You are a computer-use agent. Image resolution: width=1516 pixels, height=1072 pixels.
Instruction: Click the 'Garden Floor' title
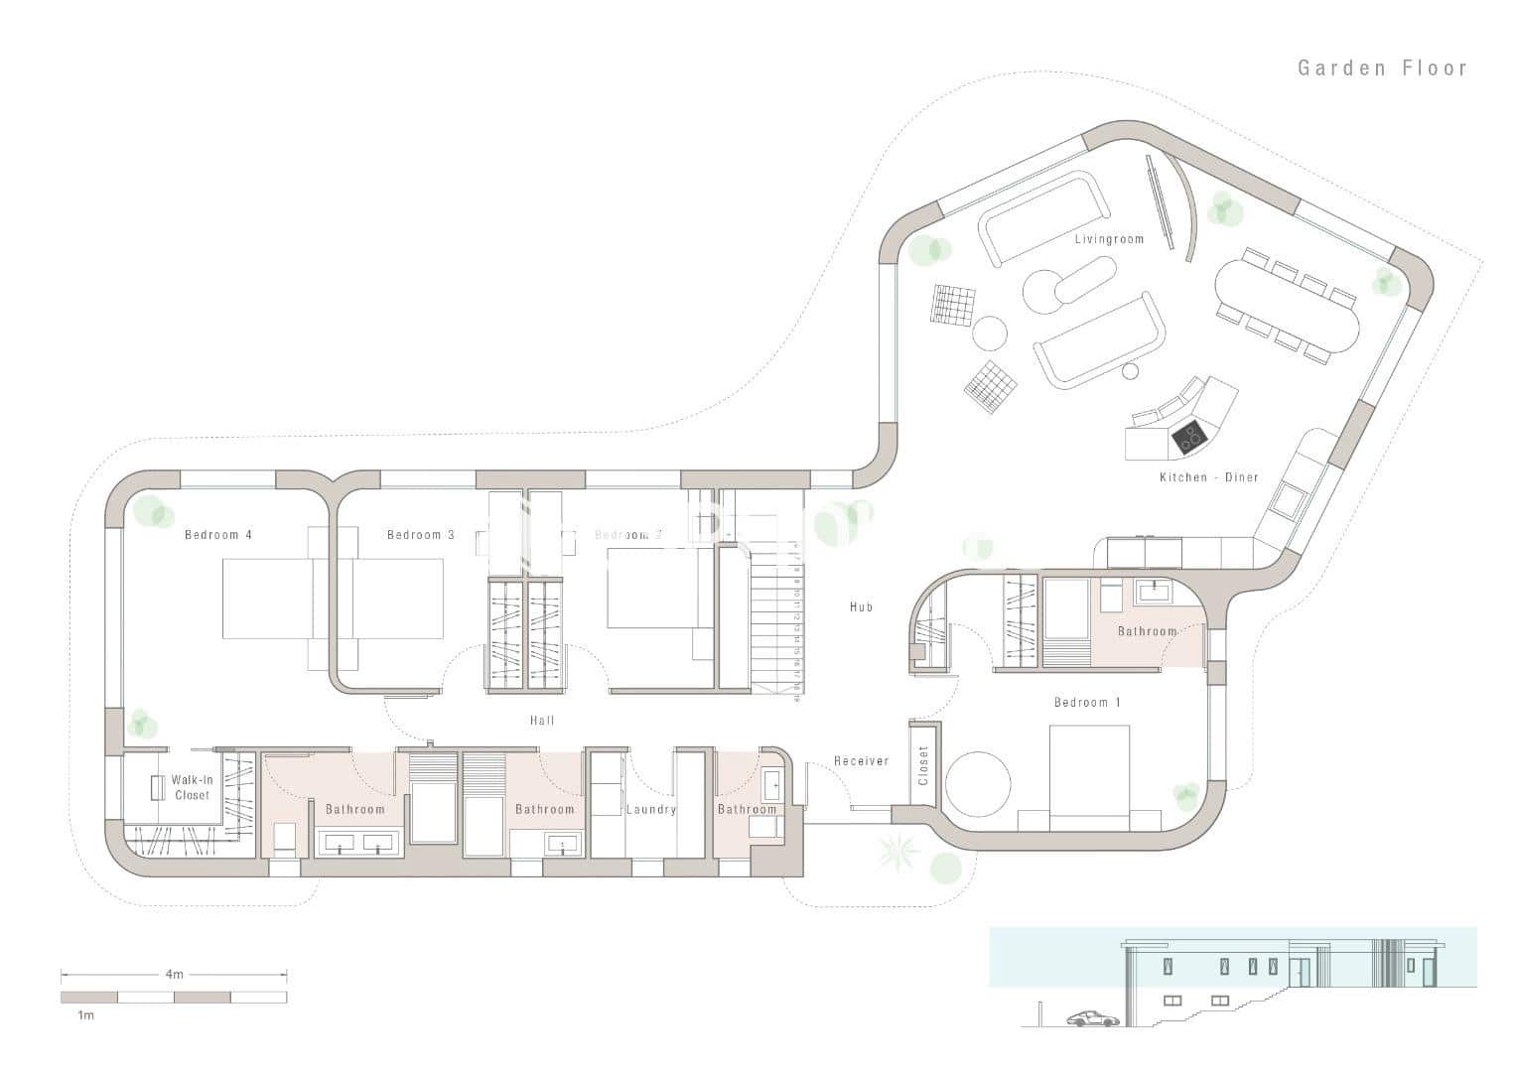1382,68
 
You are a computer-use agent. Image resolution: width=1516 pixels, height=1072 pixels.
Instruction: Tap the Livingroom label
1109,239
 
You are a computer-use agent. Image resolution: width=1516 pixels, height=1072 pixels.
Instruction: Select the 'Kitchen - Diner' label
1208,477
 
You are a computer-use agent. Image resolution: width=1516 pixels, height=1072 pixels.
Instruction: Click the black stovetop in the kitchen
1189,434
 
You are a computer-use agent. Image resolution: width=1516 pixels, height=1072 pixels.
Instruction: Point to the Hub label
861,606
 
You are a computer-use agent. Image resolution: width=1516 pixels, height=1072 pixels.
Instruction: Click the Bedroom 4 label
218,535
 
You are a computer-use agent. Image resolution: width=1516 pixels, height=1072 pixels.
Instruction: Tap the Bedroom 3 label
421,535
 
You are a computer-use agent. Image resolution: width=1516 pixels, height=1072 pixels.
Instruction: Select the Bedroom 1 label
1087,703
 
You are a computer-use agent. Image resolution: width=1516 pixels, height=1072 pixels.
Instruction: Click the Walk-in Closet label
192,788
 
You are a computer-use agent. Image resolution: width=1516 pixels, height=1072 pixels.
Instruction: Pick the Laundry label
650,810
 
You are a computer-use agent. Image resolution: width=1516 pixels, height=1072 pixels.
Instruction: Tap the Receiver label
861,761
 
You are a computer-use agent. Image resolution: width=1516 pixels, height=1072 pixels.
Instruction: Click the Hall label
542,721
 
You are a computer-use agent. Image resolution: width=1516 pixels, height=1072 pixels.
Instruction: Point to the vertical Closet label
923,765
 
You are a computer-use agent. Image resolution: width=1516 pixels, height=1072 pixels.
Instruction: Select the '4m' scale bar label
174,975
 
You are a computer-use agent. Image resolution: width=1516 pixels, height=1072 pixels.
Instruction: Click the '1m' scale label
86,1016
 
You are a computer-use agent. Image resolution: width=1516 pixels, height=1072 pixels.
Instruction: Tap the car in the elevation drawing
1089,1018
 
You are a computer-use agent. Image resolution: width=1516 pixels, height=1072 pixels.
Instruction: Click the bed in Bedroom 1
1090,776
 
